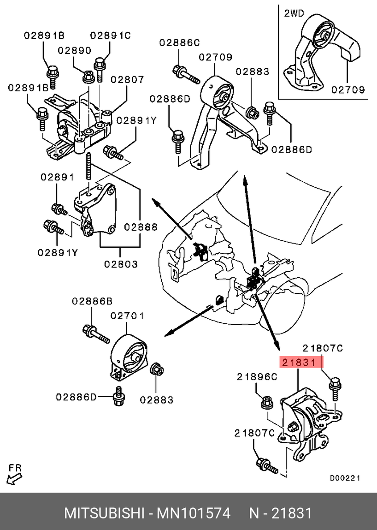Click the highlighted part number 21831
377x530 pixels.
click(x=299, y=363)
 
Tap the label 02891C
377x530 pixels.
click(x=110, y=35)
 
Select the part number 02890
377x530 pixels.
click(x=75, y=51)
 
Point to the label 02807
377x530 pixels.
click(x=127, y=80)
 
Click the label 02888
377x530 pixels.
click(x=141, y=227)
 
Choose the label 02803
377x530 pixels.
click(x=121, y=264)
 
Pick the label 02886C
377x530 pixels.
click(x=180, y=43)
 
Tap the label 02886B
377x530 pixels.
click(x=92, y=301)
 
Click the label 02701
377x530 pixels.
click(x=127, y=316)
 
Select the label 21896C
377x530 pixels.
click(x=257, y=377)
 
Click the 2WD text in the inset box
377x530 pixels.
click(x=294, y=13)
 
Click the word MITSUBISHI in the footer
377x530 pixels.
click(x=104, y=513)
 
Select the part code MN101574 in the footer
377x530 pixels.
click(x=194, y=513)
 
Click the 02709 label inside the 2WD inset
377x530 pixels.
click(x=348, y=90)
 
